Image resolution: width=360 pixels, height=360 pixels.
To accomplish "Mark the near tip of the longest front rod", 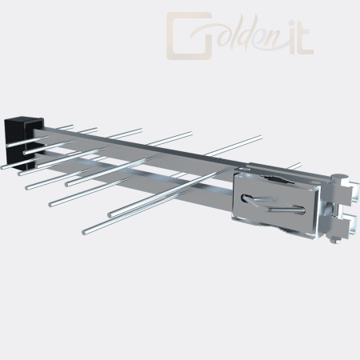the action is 84,232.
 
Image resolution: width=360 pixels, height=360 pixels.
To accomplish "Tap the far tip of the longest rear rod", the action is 260,137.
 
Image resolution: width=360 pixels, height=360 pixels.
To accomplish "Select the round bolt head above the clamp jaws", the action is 338,178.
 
